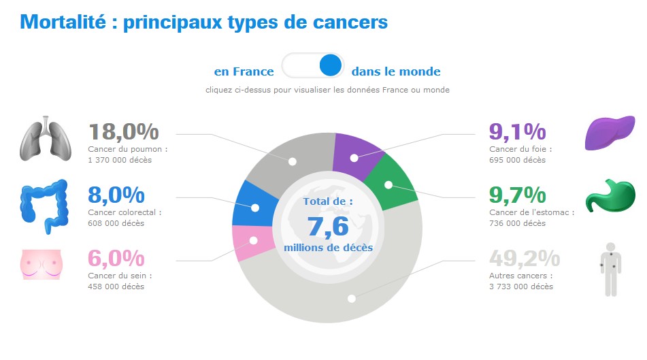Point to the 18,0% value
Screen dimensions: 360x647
[123, 131]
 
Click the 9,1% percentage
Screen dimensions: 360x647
[518, 131]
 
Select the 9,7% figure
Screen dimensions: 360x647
[518, 195]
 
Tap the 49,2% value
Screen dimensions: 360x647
[525, 259]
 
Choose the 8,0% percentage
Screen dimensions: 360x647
[116, 195]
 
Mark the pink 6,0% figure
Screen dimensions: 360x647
[116, 259]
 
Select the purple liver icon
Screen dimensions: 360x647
[610, 133]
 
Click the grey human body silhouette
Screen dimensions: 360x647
[610, 268]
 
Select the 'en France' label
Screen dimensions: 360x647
[244, 71]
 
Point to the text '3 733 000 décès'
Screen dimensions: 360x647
[521, 287]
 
